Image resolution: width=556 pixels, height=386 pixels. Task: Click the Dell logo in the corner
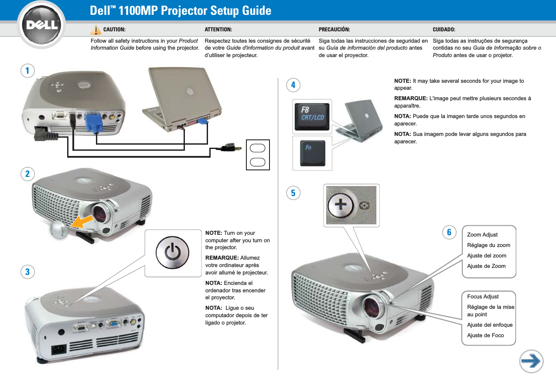[x=43, y=25]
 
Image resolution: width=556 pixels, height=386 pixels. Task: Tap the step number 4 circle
[x=293, y=85]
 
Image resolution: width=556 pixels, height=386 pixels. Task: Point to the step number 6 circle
[x=449, y=232]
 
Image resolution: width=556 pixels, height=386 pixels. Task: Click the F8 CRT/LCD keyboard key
[x=313, y=115]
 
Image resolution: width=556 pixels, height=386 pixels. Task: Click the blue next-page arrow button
[x=531, y=361]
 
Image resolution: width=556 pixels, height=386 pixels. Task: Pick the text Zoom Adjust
[x=482, y=235]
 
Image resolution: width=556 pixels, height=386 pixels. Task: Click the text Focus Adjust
[x=483, y=297]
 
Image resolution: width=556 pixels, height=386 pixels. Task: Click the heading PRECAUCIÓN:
[x=334, y=30]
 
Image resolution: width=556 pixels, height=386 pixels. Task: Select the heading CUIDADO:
[x=444, y=30]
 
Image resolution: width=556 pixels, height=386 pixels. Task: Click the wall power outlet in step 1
[x=258, y=154]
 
